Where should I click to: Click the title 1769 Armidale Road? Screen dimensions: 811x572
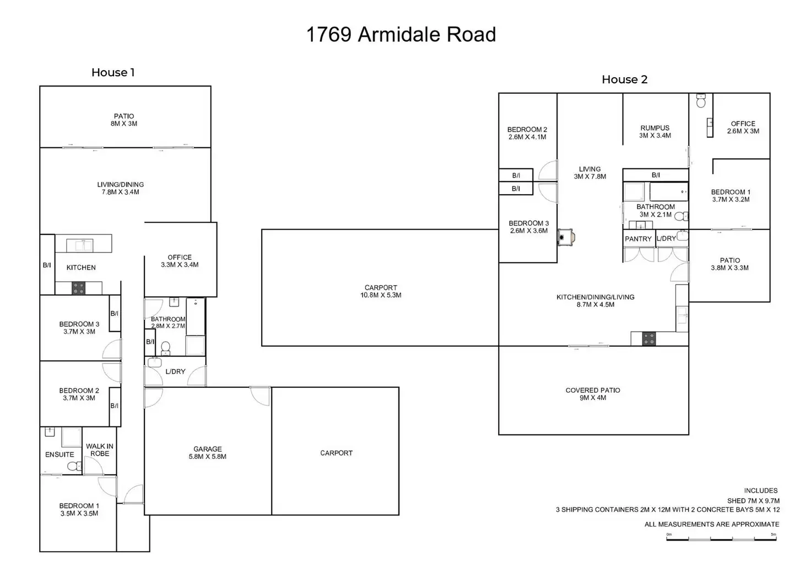(401, 35)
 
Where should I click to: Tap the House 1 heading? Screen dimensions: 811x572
(113, 72)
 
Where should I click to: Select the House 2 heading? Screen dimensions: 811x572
(625, 79)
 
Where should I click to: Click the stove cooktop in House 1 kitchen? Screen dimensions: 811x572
(79, 288)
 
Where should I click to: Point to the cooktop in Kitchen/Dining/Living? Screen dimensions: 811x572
(649, 339)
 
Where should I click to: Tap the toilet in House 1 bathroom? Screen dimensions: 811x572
(165, 348)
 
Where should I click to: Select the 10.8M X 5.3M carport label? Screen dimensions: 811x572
(381, 291)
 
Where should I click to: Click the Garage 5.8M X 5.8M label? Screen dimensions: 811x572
(208, 453)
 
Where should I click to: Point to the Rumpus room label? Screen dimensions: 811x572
(655, 132)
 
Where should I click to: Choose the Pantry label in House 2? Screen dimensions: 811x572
(639, 239)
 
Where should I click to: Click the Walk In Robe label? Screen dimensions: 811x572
(100, 450)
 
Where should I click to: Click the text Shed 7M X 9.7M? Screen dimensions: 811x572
(754, 501)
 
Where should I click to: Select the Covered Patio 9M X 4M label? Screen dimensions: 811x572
(593, 394)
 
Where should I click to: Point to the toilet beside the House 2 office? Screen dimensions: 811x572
(701, 101)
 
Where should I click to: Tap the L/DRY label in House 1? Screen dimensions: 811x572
(175, 372)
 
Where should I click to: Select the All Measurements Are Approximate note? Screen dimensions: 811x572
(712, 525)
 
